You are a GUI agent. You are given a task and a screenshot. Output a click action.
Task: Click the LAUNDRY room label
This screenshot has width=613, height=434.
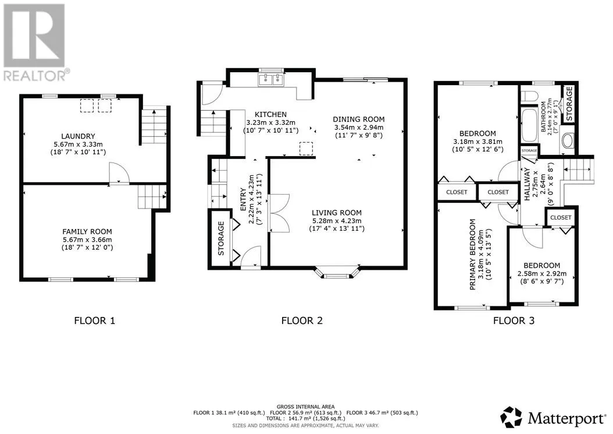[78, 136]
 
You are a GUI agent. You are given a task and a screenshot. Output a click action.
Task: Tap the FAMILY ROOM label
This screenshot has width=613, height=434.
[87, 232]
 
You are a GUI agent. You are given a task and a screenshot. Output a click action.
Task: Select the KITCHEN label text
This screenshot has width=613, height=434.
[270, 114]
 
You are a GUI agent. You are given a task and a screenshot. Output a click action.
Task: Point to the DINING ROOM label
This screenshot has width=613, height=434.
[358, 119]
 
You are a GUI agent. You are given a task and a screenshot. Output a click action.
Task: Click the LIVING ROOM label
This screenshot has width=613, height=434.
[337, 213]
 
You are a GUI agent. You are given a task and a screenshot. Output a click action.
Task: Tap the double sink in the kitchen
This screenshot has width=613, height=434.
[270, 79]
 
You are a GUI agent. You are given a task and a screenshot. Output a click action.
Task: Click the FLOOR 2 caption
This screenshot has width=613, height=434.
[302, 321]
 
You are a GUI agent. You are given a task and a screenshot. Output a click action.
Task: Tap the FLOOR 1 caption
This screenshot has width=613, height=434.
[95, 321]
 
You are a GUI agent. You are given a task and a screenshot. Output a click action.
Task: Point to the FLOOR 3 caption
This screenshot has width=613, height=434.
[514, 321]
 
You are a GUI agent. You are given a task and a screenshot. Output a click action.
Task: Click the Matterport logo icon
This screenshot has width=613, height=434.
[512, 417]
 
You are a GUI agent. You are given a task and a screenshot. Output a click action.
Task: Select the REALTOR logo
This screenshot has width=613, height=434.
[35, 42]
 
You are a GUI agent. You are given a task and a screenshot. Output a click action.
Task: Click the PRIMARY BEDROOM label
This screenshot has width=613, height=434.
[473, 255]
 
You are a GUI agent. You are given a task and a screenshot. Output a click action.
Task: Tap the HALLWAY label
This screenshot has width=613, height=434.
[527, 184]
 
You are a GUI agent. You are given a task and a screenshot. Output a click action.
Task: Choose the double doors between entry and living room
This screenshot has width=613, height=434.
[279, 213]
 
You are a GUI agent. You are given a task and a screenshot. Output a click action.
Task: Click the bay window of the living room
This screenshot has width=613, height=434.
[337, 273]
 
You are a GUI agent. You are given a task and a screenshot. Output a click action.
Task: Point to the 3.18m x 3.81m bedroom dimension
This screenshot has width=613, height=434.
[477, 142]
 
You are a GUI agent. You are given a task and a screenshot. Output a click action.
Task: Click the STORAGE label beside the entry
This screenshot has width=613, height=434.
[221, 238]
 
